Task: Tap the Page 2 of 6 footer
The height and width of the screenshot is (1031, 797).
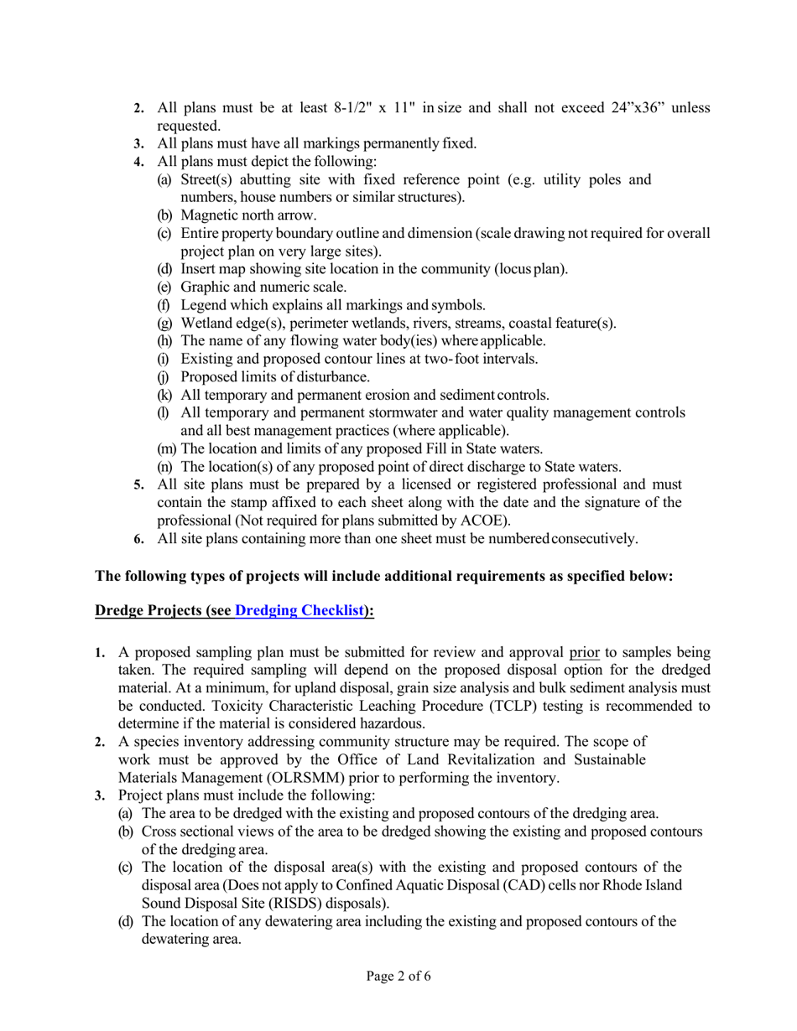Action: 398,976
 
